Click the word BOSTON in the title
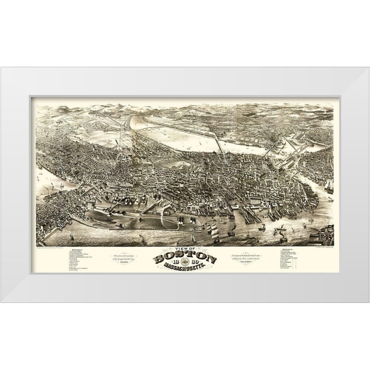coord(185,258)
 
